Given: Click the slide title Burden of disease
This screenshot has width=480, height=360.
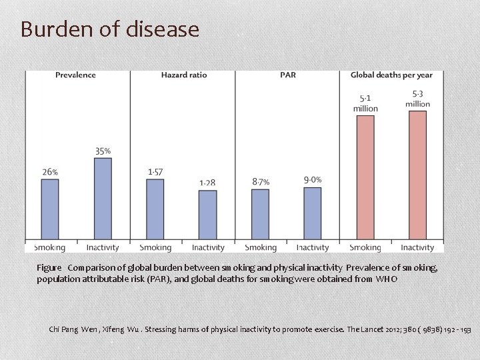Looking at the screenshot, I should coord(110,29).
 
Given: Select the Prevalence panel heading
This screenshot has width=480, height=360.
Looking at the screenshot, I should coord(75,75).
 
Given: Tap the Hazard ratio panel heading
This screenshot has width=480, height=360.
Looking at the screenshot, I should coord(184,75).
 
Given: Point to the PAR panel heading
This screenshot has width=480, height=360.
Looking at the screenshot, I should coord(288,75).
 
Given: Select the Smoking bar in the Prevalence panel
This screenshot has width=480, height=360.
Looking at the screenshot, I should coord(50,209).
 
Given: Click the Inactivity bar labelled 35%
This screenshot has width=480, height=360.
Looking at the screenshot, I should coord(103,198).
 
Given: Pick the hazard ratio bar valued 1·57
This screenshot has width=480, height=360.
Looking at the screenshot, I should coord(155,209).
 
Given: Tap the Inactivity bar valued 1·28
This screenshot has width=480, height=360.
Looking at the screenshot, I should coord(208,214).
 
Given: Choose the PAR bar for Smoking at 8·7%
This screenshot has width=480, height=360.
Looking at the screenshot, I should coord(261,213).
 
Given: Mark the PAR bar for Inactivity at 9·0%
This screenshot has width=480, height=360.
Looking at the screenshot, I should coord(313,213).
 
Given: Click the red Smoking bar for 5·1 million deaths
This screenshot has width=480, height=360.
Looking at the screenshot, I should coord(365,177).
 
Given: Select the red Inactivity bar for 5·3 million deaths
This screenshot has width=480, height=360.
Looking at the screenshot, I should coord(417,175).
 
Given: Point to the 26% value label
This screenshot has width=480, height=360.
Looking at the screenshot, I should coord(50,172).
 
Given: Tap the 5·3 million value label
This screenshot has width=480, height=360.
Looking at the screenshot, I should coord(417,99).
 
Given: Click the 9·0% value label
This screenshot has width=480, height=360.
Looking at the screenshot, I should coord(313,180).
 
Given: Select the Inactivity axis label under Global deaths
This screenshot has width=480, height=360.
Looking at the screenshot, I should coord(417,248).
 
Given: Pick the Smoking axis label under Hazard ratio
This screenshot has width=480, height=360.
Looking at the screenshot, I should coord(155,248).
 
